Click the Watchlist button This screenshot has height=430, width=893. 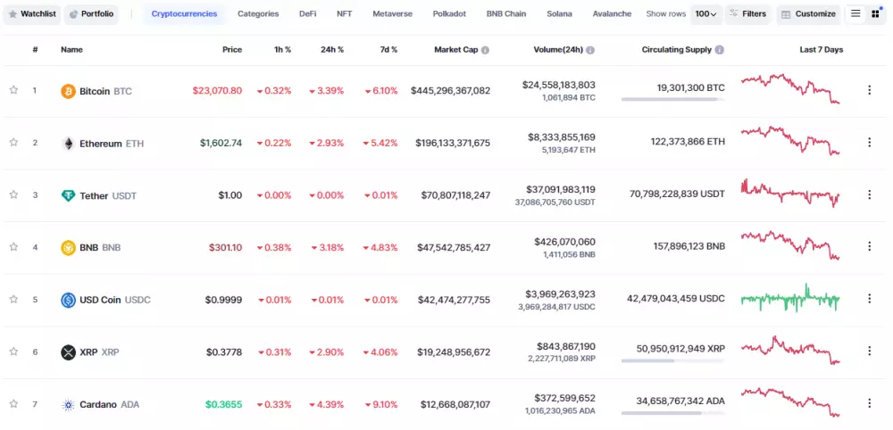(x=32, y=14)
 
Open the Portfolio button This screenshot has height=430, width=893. (x=91, y=14)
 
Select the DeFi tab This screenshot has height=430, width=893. (x=307, y=14)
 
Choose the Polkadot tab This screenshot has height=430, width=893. (x=449, y=14)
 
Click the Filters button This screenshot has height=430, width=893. (x=747, y=14)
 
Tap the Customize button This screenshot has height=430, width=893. (x=808, y=14)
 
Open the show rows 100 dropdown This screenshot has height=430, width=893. (x=706, y=14)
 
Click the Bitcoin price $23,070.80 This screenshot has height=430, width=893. (x=217, y=91)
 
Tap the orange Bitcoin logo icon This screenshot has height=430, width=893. (x=68, y=91)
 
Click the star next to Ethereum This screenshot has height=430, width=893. (x=13, y=143)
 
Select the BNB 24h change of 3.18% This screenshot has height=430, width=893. (x=327, y=247)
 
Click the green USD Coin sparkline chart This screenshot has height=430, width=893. (x=790, y=299)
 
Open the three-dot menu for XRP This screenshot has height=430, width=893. (x=869, y=351)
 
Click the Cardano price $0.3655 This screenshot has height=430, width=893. (x=223, y=404)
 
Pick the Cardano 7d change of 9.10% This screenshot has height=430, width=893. (x=381, y=404)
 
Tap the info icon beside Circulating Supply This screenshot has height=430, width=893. (x=720, y=50)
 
